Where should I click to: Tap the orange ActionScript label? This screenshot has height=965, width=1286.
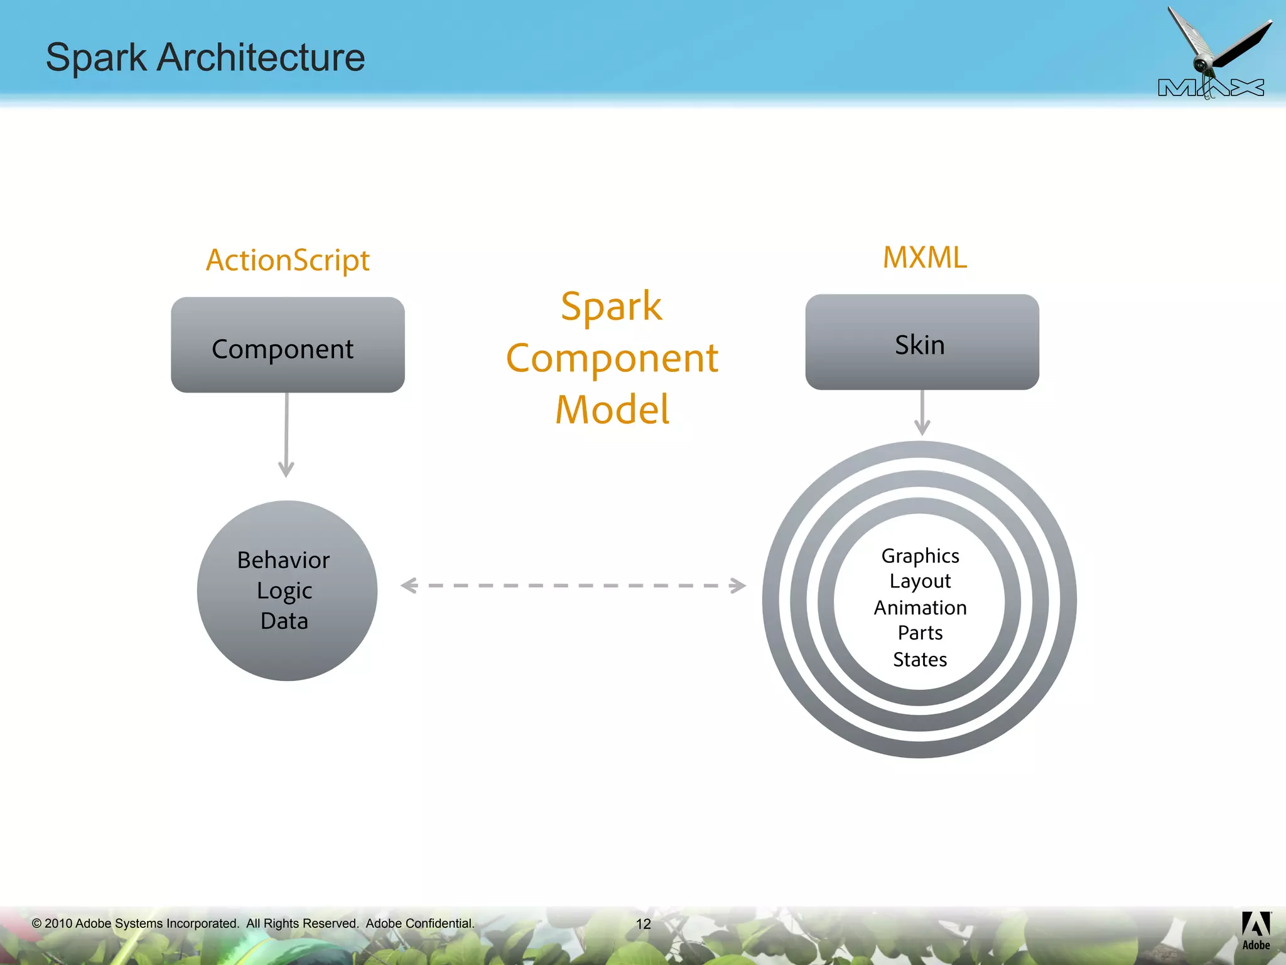[288, 260]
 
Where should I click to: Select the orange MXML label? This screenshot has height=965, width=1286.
[924, 258]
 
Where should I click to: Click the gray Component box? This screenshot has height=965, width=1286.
[288, 346]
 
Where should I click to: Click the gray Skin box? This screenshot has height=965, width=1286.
[921, 342]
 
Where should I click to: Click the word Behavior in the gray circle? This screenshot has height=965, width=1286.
[283, 560]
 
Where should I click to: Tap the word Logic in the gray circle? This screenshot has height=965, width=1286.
[284, 591]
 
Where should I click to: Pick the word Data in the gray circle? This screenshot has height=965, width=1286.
[284, 621]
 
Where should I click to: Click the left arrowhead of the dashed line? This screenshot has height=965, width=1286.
[409, 586]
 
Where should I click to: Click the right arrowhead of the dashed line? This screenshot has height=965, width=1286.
[738, 586]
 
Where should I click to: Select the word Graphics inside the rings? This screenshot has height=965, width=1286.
[920, 556]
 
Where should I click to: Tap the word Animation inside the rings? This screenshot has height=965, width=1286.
[920, 608]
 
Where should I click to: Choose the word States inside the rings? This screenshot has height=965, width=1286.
[920, 660]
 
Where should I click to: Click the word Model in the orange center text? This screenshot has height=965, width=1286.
[612, 410]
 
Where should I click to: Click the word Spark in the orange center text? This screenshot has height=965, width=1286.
[611, 307]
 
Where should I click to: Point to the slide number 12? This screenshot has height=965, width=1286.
[643, 924]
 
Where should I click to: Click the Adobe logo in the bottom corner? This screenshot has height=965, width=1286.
[1256, 930]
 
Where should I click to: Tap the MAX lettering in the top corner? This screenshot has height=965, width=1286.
[1211, 88]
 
